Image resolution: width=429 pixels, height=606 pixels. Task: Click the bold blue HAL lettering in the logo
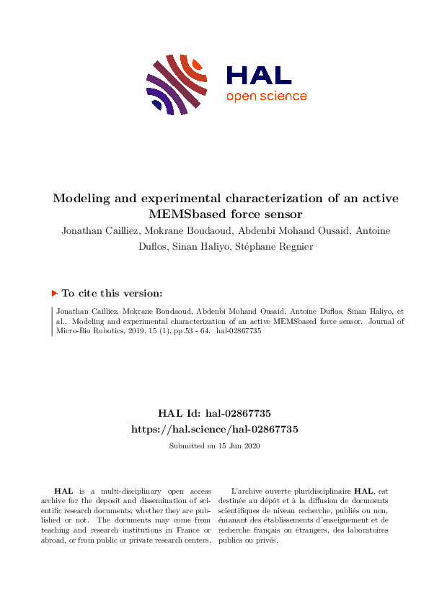[259, 75]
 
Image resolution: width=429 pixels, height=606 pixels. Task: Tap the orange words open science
[266, 96]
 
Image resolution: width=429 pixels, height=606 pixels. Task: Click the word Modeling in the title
[81, 199]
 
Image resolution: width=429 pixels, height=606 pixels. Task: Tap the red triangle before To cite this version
[54, 294]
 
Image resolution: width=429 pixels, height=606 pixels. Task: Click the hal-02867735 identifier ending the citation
[238, 333]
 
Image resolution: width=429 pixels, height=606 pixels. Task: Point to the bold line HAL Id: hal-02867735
[214, 413]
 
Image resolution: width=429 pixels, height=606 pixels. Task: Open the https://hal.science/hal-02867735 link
[214, 428]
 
